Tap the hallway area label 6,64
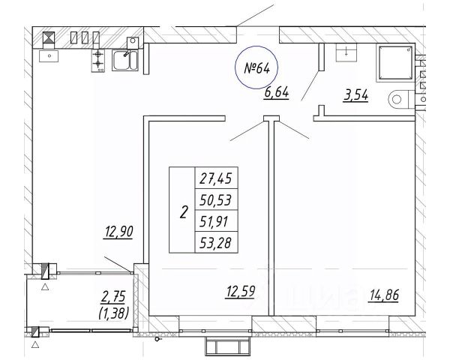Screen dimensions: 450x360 coord(276,93)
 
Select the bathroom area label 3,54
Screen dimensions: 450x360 coord(355,95)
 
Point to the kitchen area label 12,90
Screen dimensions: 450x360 coord(118,232)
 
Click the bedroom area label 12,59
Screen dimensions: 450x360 coord(241,292)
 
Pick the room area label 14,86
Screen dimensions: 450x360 coord(384,295)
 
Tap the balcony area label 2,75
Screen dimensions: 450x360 coord(113,297)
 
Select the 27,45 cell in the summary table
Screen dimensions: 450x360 coord(216,178)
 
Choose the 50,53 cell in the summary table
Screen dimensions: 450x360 coord(216,199)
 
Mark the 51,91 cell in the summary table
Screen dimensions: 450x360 coord(216,220)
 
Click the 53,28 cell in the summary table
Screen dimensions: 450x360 coord(216,242)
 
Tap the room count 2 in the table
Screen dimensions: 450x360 coord(184,212)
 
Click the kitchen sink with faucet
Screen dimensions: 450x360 coord(125,60)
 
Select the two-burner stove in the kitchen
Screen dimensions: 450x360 coord(98,60)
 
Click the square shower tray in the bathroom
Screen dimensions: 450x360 coord(395,62)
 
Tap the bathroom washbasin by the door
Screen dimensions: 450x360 coord(346,52)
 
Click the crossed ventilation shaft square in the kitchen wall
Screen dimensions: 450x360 coord(49,37)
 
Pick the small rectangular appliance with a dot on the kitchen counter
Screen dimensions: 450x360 coord(49,56)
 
